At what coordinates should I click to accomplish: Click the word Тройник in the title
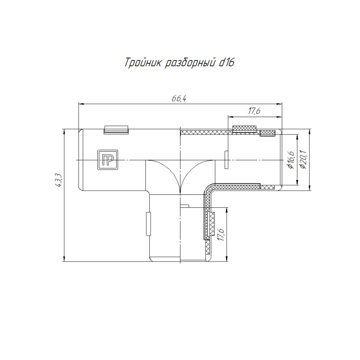click(143, 63)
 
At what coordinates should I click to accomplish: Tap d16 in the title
click(227, 62)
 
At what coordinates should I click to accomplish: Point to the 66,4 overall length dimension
click(179, 98)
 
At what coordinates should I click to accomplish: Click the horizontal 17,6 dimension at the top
click(254, 111)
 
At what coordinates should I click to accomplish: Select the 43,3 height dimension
click(58, 180)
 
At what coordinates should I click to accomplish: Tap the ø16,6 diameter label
click(291, 160)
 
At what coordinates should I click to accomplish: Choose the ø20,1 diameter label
click(303, 160)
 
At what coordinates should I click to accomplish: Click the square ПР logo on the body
click(108, 160)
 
